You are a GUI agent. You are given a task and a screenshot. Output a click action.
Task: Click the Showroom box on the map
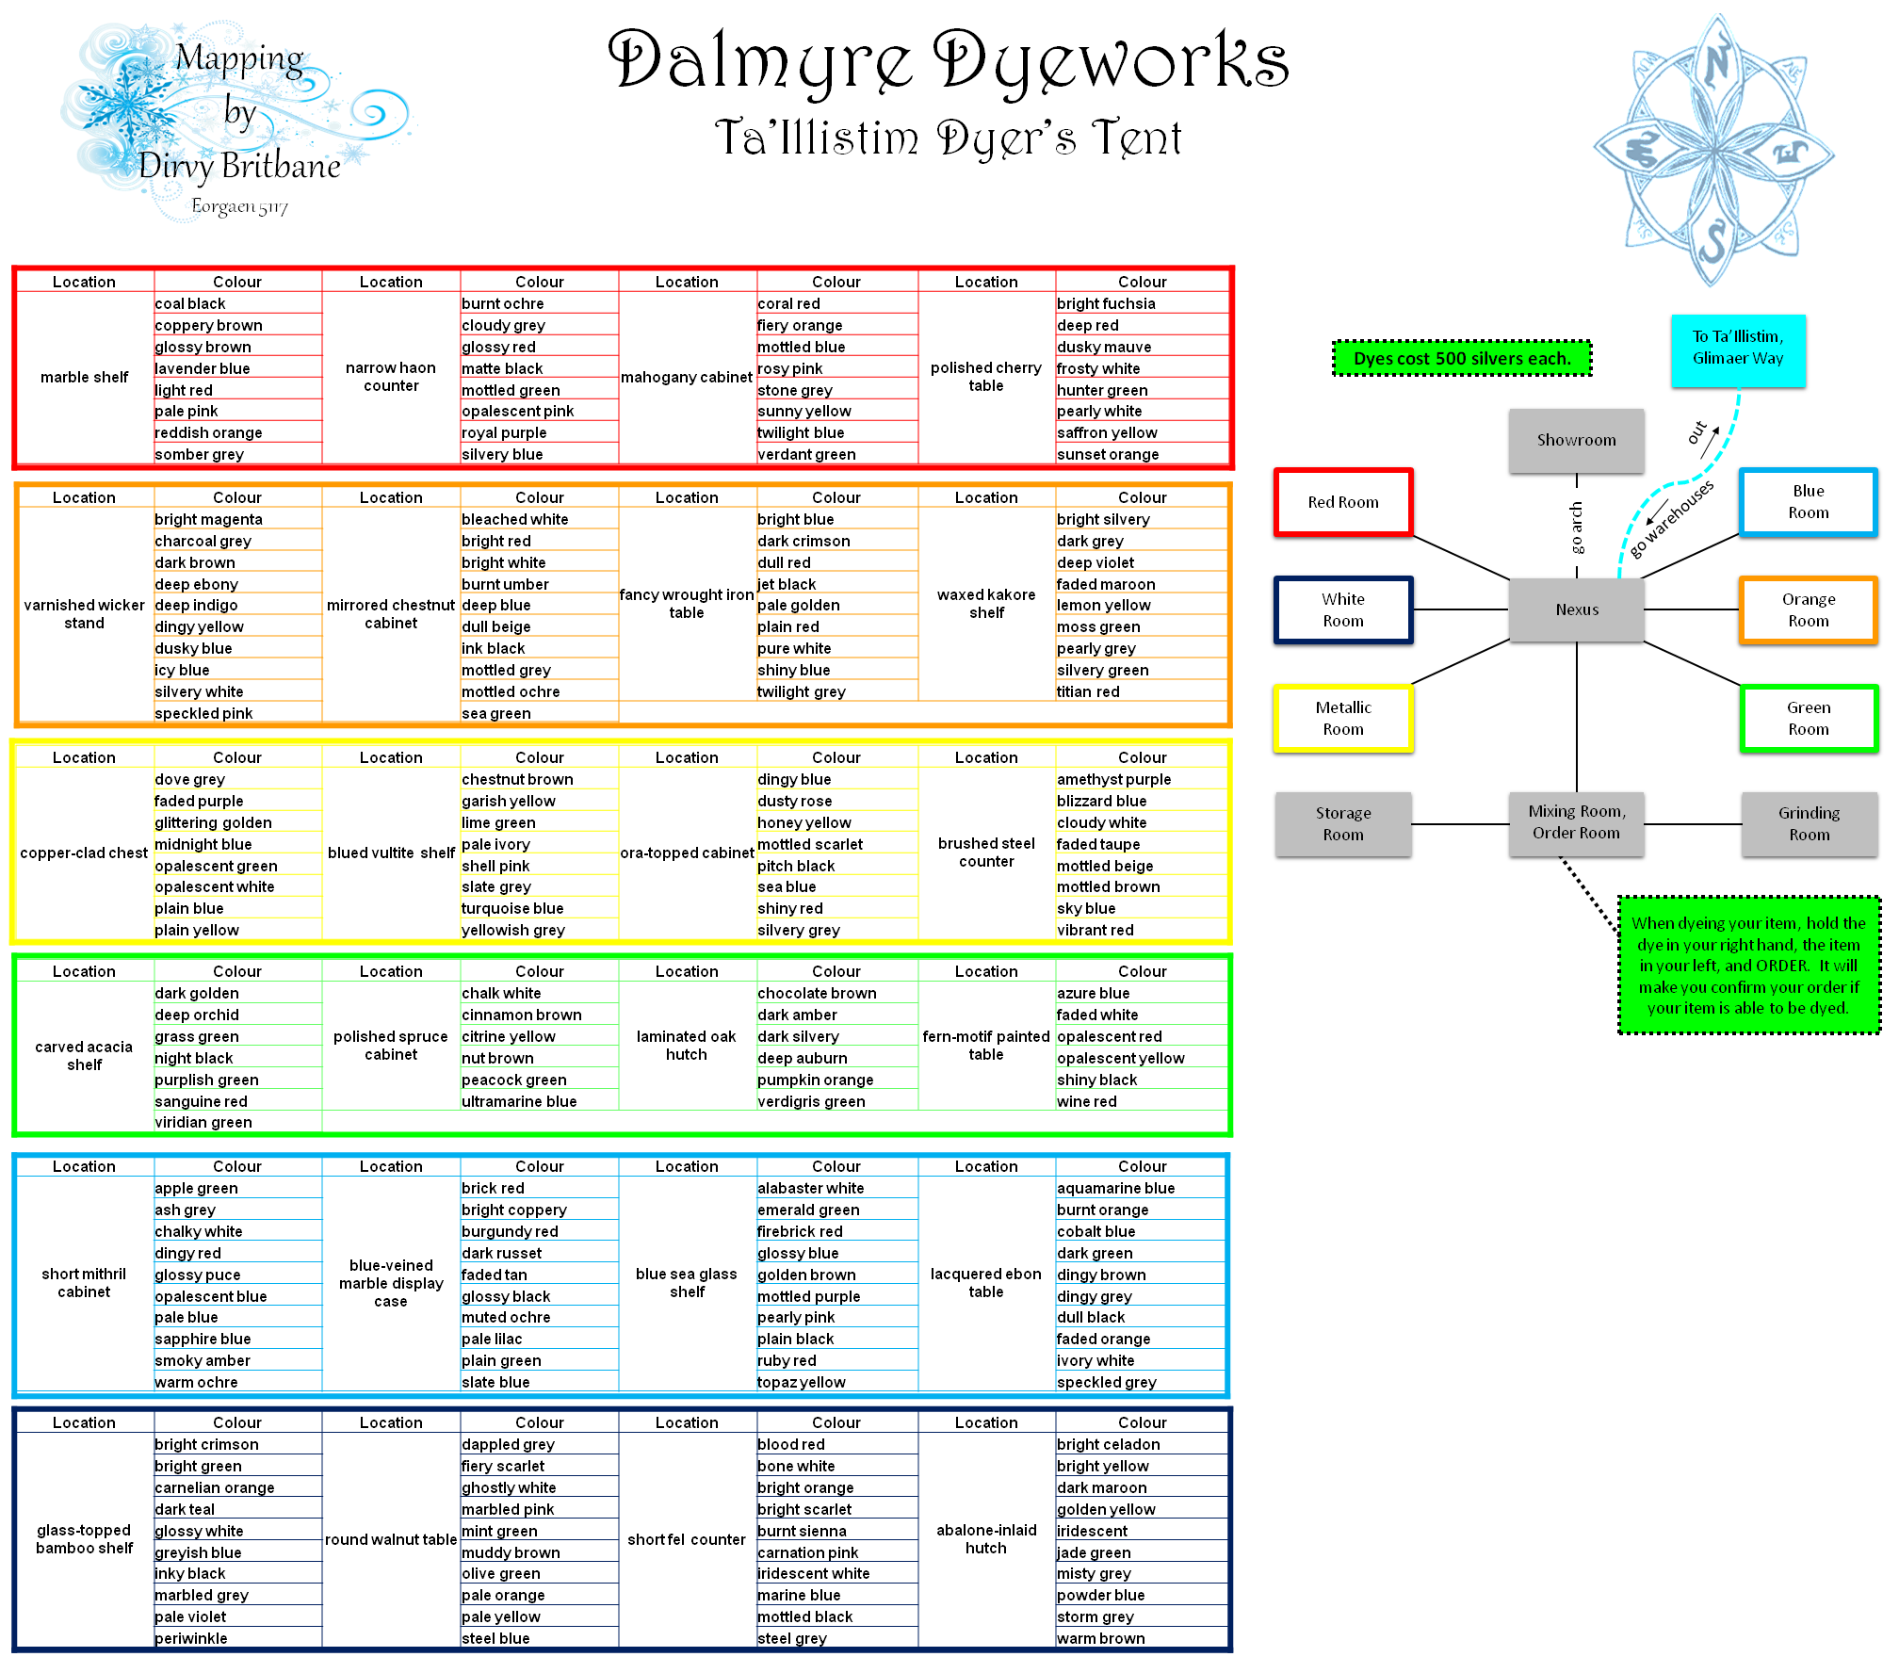click(x=1576, y=440)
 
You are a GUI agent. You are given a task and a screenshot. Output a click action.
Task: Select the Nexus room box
click(x=1576, y=609)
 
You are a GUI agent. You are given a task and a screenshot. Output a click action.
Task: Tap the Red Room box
click(x=1342, y=502)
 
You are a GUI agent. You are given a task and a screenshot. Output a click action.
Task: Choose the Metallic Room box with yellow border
click(x=1342, y=718)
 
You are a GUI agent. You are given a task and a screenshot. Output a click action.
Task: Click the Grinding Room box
click(x=1809, y=823)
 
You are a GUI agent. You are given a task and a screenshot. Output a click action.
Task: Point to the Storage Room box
click(x=1342, y=823)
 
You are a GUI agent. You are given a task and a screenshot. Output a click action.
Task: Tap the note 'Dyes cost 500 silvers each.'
click(x=1461, y=359)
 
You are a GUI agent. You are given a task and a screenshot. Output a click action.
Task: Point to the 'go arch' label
click(x=1576, y=528)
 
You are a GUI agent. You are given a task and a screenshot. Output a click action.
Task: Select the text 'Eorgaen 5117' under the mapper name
click(x=239, y=206)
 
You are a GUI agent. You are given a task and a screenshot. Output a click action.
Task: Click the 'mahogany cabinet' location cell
click(x=686, y=378)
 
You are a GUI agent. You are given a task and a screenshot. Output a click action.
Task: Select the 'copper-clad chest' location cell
click(x=84, y=853)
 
